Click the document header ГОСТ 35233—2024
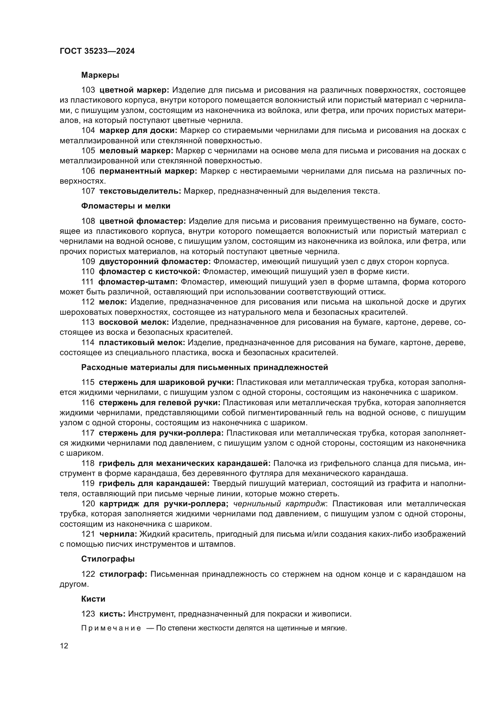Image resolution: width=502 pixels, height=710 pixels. pyautogui.click(x=97, y=51)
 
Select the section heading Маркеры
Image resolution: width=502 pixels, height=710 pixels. pyautogui.click(x=100, y=75)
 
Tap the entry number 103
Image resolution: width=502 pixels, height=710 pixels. pyautogui.click(x=88, y=90)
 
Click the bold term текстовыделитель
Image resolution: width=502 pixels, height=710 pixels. pyautogui.click(x=140, y=191)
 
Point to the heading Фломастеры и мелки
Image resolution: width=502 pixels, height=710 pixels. pyautogui.click(x=126, y=206)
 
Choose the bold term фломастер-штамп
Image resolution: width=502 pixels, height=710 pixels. pyautogui.click(x=138, y=282)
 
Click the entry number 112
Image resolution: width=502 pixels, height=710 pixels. pyautogui.click(x=88, y=302)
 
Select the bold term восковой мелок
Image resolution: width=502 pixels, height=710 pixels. pyautogui.click(x=134, y=322)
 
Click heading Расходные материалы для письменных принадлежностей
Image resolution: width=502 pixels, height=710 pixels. pyautogui.click(x=204, y=367)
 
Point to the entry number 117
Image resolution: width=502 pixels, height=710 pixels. pyautogui.click(x=88, y=433)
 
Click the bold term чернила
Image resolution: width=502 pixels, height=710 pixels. pyautogui.click(x=118, y=534)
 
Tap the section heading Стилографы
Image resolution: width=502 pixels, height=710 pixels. pyautogui.click(x=108, y=559)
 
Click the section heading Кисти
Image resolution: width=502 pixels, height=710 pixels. pyautogui.click(x=93, y=599)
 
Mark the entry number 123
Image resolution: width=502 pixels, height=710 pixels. pyautogui.click(x=88, y=614)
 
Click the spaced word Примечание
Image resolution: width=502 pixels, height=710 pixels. pyautogui.click(x=111, y=628)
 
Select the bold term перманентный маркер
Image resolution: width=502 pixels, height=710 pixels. pyautogui.click(x=148, y=171)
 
